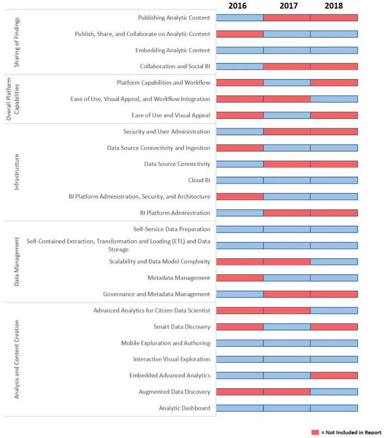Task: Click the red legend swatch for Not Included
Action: (x=315, y=432)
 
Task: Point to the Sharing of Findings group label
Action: (x=16, y=42)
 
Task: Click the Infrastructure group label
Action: (x=16, y=172)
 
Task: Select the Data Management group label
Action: (x=16, y=261)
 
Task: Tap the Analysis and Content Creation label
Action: (x=16, y=359)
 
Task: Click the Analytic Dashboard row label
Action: (x=184, y=408)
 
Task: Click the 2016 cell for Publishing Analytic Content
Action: (x=239, y=17)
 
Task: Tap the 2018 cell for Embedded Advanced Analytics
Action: (x=334, y=375)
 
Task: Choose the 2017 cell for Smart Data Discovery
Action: (x=286, y=327)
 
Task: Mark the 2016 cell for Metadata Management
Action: (x=239, y=278)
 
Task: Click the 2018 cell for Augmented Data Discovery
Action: (x=334, y=392)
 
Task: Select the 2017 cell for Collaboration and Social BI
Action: (x=286, y=67)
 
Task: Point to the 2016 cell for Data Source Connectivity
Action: (x=239, y=164)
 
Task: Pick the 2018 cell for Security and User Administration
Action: (x=334, y=132)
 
